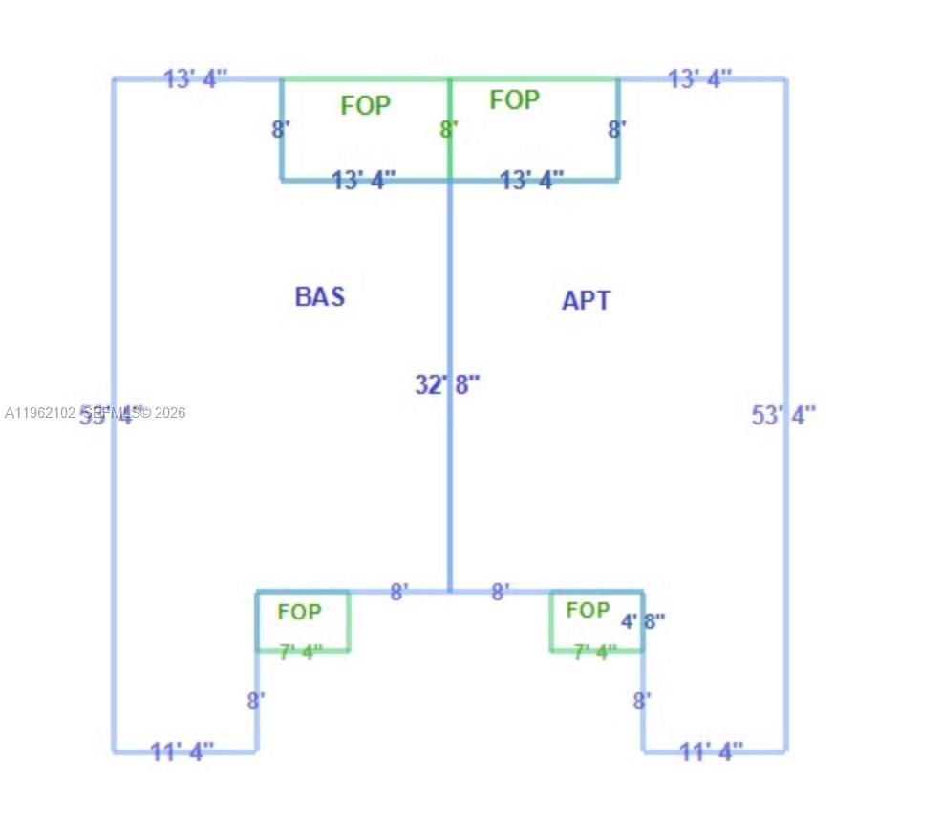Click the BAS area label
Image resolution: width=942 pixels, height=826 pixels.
[x=319, y=296]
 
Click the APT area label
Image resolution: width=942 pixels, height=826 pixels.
[x=586, y=300]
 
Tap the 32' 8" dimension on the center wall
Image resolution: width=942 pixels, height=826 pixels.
[x=447, y=384]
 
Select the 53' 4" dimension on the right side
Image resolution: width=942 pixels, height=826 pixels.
[x=784, y=415]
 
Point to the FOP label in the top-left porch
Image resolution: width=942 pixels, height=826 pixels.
[x=365, y=105]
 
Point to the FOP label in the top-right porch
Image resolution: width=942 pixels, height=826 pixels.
[x=514, y=99]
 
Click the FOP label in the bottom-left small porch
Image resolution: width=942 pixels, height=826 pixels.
[x=299, y=611]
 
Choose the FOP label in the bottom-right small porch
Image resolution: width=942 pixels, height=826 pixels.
[x=588, y=609]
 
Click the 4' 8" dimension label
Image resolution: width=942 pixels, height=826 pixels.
[x=643, y=620]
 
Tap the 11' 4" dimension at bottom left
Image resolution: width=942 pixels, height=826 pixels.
[x=182, y=751]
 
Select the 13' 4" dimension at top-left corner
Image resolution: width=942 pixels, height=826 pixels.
[x=195, y=78]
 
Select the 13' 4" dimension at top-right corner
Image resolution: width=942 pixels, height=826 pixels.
[x=699, y=78]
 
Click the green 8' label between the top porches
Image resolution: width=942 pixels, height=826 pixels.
[x=449, y=129]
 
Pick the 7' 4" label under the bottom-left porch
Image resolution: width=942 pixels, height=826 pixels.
[x=301, y=652]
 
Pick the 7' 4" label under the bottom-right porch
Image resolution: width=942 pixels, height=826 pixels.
[x=594, y=652]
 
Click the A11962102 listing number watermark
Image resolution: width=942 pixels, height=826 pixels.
[x=40, y=413]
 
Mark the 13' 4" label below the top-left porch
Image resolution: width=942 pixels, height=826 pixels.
[x=363, y=179]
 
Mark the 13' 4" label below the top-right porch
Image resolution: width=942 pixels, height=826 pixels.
[x=531, y=179]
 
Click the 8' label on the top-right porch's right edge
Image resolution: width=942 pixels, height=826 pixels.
[x=617, y=129]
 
